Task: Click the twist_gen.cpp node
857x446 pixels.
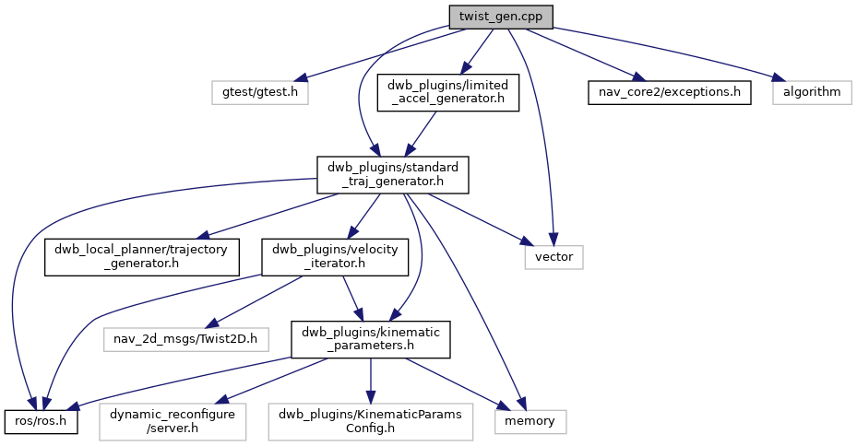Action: point(501,17)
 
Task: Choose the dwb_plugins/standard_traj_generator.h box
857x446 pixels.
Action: point(393,174)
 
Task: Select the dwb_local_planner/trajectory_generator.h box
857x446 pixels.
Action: point(143,256)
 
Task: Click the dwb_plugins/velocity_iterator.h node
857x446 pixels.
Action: point(335,256)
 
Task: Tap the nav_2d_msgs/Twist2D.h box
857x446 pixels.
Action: point(185,339)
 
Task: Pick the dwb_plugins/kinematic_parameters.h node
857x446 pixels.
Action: point(371,339)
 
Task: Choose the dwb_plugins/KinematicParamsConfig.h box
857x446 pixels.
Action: point(370,421)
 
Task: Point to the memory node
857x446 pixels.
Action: point(530,421)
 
